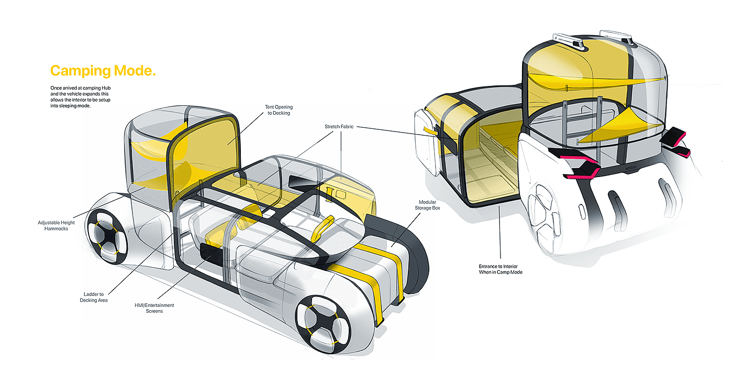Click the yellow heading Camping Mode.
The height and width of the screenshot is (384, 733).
point(103,71)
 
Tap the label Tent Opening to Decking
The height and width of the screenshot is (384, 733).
point(277,109)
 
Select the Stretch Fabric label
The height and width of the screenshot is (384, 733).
point(341,126)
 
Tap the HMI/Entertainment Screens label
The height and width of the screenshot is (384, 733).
point(154,308)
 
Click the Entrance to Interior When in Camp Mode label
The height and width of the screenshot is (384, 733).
point(501,269)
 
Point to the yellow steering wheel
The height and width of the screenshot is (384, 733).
point(321,228)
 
